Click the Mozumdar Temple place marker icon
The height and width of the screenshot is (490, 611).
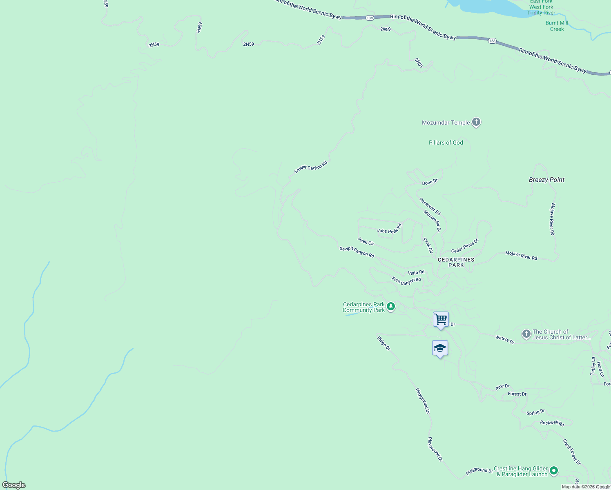[476, 122]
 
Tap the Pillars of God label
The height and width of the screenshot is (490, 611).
[446, 143]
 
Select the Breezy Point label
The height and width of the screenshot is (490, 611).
[546, 180]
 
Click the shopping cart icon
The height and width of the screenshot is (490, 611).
[441, 319]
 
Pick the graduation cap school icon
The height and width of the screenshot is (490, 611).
[440, 348]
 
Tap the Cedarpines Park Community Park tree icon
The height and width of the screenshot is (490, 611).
[391, 306]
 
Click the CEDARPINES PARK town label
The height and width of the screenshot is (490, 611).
[456, 262]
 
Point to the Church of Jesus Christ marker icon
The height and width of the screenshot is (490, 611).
[526, 334]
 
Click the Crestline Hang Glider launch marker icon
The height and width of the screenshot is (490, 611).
[553, 471]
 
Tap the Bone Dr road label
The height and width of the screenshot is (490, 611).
[430, 182]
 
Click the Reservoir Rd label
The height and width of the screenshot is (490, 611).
[430, 207]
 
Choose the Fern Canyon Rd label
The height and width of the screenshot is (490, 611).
[406, 281]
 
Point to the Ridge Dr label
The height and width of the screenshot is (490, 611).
[384, 343]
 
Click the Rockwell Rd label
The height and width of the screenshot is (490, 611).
[552, 423]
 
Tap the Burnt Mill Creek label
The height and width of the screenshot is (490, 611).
[557, 26]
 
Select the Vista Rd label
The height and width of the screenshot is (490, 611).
[416, 272]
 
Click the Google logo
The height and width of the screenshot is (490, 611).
[14, 485]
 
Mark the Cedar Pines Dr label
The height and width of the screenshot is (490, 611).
[464, 246]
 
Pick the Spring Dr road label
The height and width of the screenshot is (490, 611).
[535, 412]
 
